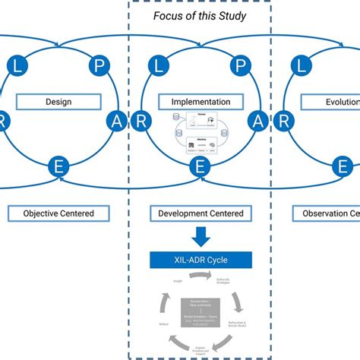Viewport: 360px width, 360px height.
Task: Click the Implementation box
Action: (x=196, y=101)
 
